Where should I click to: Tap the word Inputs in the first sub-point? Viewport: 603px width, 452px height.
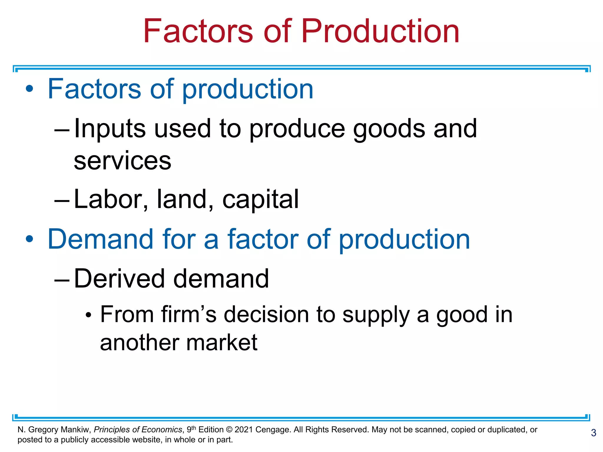(x=110, y=129)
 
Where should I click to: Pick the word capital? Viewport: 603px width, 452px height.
(x=260, y=199)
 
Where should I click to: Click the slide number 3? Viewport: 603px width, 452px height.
(x=594, y=433)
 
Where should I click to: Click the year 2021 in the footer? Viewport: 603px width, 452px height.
(x=244, y=430)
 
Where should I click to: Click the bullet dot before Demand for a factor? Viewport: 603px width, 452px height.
(x=29, y=239)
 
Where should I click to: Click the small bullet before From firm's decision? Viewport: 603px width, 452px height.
(x=88, y=315)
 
